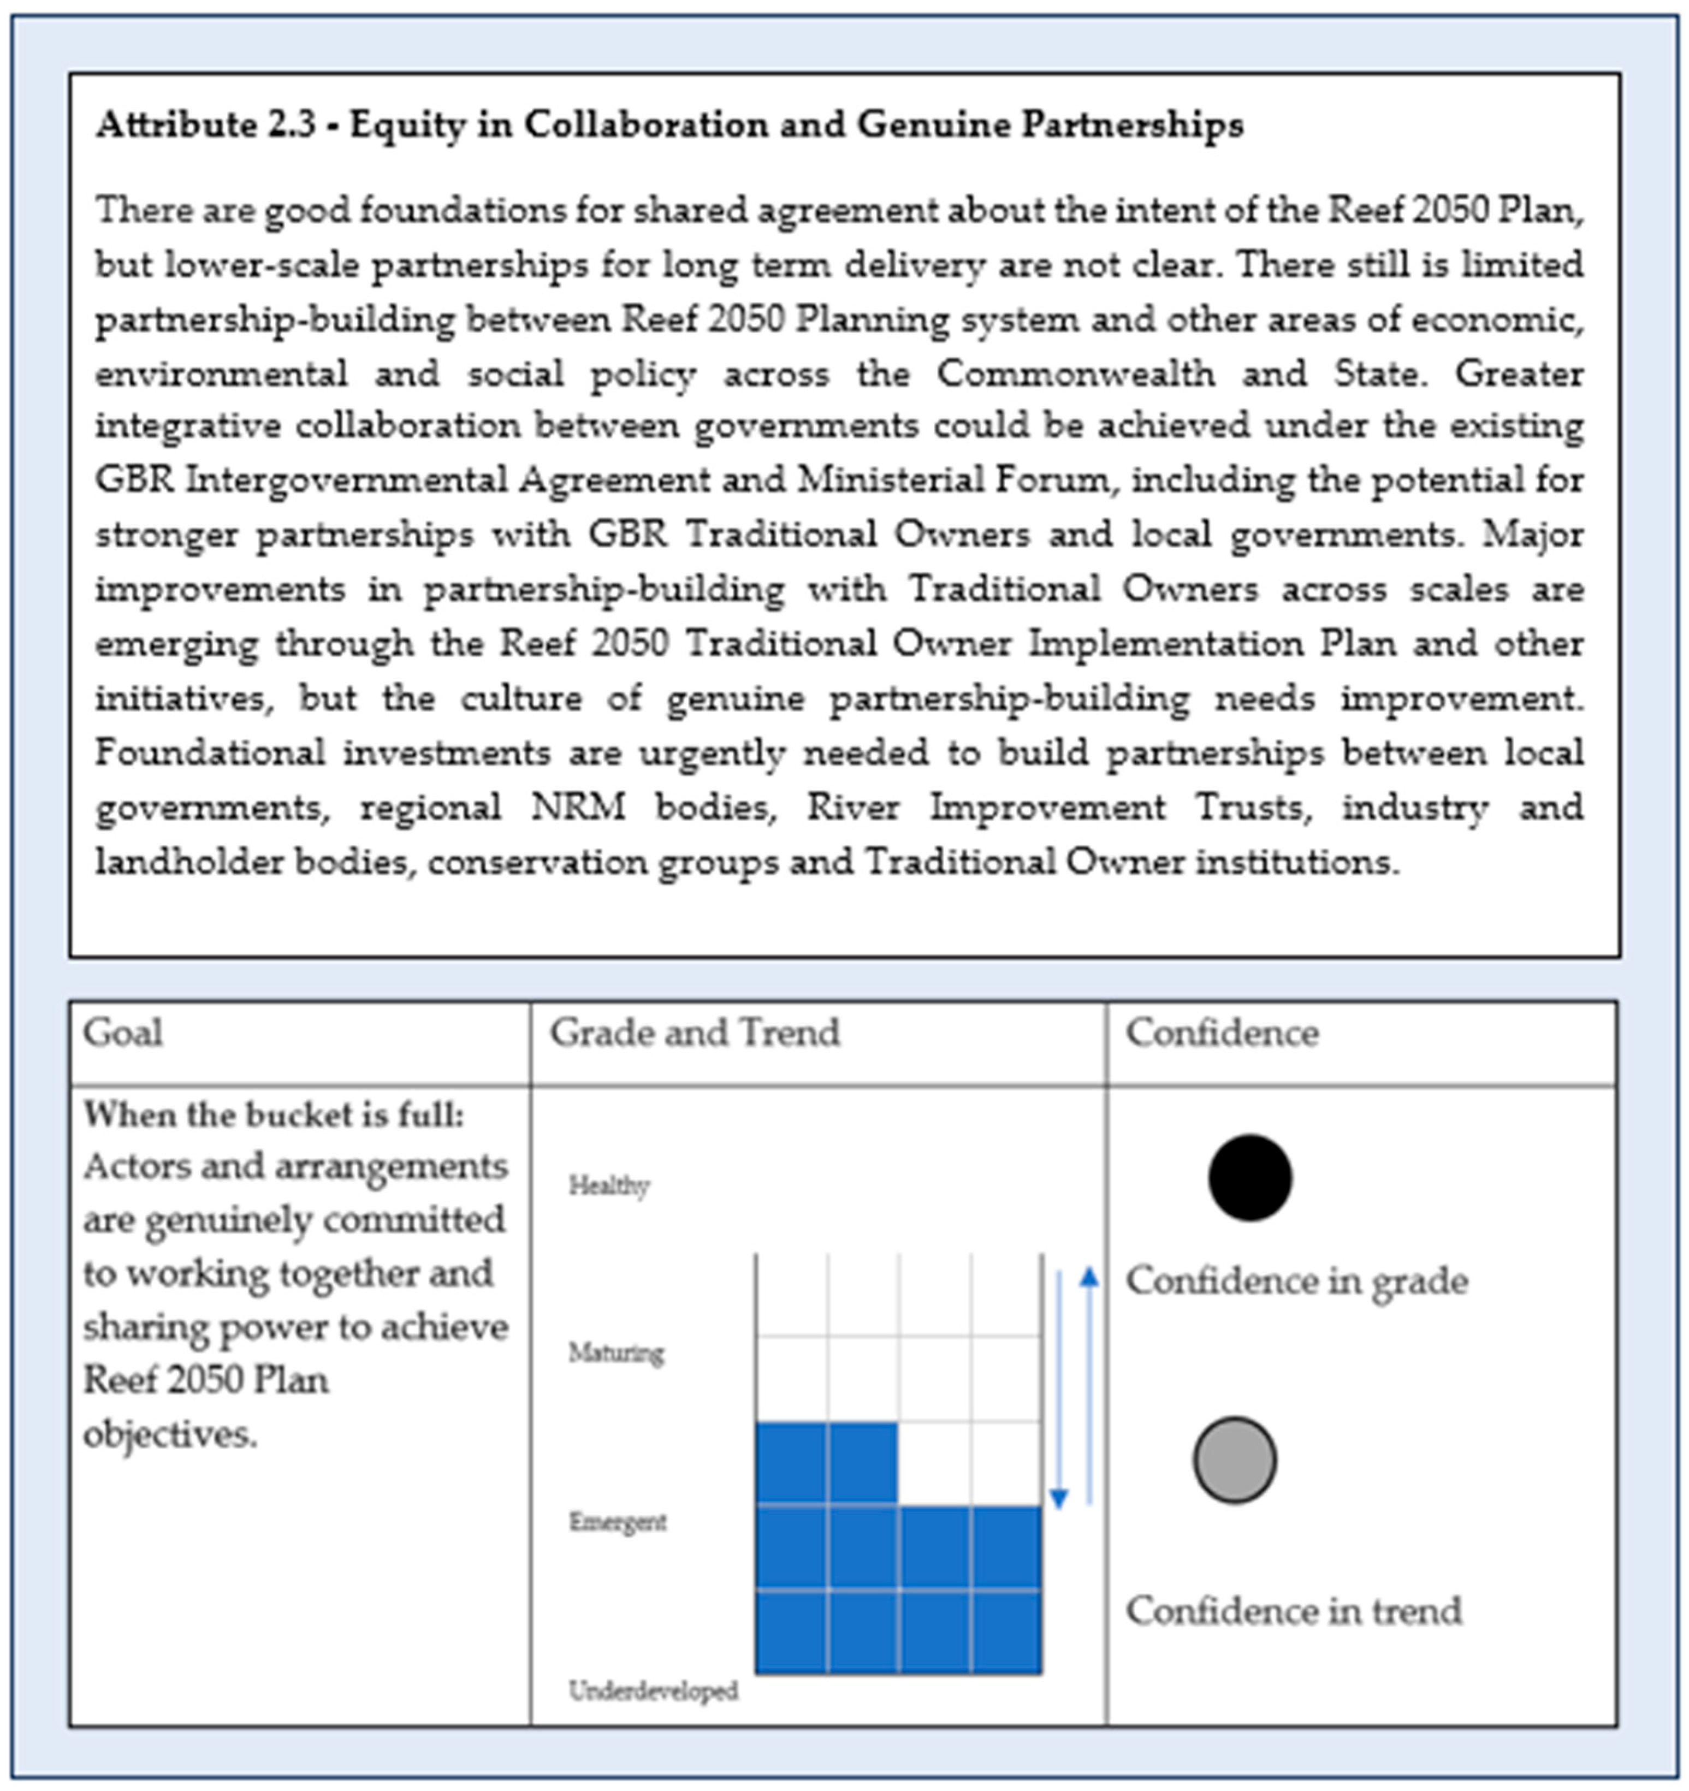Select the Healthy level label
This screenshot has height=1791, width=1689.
pos(609,1185)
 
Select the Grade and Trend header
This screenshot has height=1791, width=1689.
pos(695,1033)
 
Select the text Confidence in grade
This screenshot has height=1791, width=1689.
pos(1296,1280)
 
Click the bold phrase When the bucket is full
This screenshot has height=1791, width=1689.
pos(274,1116)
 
